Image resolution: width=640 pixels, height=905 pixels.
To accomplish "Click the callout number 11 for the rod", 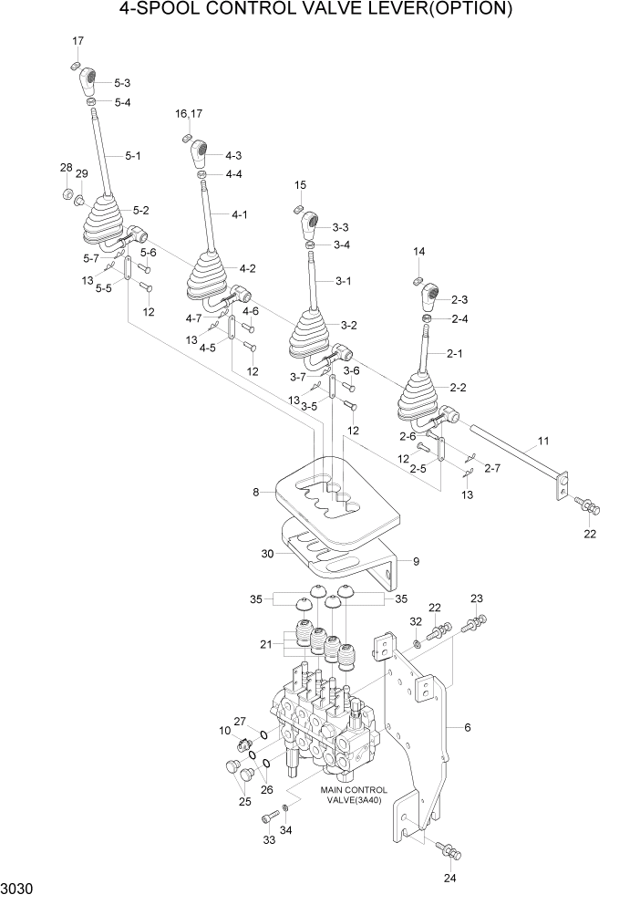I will tap(543, 441).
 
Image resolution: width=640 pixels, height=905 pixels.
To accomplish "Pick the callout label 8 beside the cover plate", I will tap(257, 492).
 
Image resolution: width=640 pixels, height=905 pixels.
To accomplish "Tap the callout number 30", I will tap(267, 553).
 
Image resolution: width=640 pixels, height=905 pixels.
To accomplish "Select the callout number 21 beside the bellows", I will tap(266, 645).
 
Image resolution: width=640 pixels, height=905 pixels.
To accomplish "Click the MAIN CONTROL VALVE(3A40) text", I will tap(354, 795).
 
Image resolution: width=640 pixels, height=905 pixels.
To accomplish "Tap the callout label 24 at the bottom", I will tap(449, 879).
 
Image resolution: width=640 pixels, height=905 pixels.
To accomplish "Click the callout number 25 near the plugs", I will tap(244, 801).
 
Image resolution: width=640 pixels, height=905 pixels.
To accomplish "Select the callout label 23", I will tap(476, 598).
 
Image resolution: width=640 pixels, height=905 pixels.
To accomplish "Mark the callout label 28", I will tap(66, 168).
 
